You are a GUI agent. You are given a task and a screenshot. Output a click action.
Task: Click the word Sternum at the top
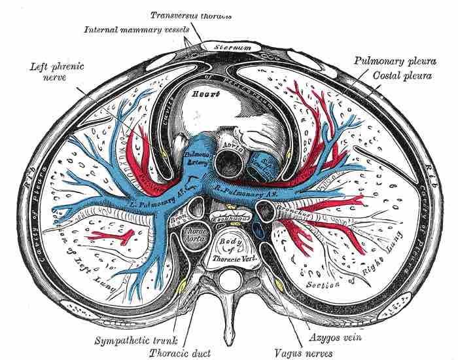tap(220, 47)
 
